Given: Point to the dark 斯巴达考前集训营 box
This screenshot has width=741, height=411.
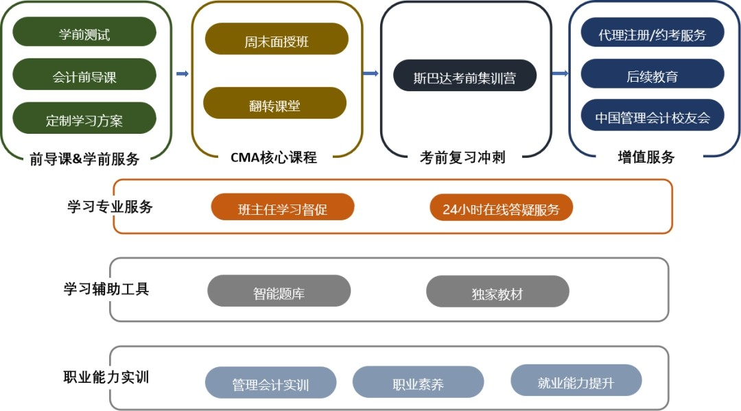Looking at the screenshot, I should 464,75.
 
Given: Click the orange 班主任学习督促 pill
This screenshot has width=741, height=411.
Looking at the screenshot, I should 283,207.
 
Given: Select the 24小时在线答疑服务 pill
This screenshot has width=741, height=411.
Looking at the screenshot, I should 501,208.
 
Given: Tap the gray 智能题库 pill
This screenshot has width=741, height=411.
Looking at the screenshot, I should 279,292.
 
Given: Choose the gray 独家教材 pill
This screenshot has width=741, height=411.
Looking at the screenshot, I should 497,292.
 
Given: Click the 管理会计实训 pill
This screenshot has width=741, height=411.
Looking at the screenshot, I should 270,383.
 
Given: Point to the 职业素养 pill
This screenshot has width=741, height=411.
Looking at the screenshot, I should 418,382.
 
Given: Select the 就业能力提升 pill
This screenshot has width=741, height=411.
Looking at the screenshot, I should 576,381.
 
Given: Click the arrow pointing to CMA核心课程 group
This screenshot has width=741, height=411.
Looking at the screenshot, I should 183,74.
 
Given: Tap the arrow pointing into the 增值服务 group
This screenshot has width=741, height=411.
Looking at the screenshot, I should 559,74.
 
